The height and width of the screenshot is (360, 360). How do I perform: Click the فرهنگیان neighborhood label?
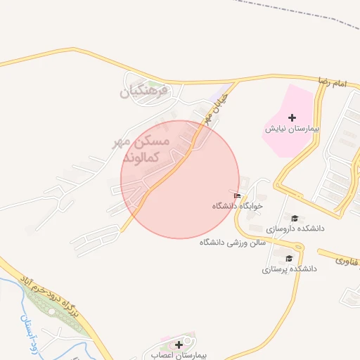[144, 91]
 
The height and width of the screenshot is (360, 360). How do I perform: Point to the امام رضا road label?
[333, 84]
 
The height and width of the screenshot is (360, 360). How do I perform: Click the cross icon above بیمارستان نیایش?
[292, 117]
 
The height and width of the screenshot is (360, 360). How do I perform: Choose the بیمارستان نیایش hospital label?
[292, 129]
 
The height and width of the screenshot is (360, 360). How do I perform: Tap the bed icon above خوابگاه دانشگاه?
[238, 196]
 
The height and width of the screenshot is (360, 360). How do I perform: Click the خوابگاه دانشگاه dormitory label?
[238, 207]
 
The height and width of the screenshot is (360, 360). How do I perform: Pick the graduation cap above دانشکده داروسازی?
[295, 219]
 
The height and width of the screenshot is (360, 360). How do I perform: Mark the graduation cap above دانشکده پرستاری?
[290, 258]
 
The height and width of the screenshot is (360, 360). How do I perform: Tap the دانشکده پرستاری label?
[290, 269]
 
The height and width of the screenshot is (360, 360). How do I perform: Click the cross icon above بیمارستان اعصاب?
[179, 345]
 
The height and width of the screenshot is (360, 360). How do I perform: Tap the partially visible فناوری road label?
[347, 261]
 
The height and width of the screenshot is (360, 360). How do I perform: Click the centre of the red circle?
[180, 179]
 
